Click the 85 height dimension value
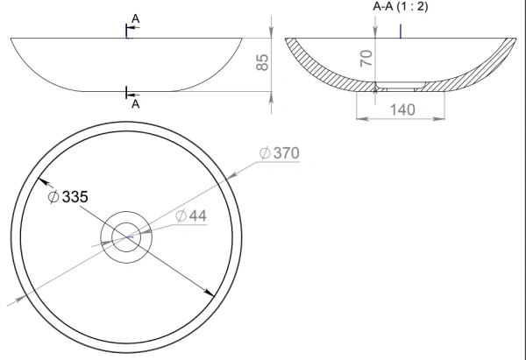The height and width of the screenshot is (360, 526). point(262,62)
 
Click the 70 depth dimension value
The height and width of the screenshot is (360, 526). point(366,58)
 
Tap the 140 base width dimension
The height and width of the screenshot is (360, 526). point(402,109)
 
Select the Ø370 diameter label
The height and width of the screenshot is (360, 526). point(280,153)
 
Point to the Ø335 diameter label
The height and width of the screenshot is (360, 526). point(68,196)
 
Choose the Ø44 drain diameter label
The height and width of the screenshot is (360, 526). point(191,215)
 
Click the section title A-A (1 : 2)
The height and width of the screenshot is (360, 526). point(401,6)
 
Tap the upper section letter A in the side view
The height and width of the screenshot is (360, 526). point(135,18)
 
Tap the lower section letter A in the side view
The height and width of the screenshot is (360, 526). point(135,104)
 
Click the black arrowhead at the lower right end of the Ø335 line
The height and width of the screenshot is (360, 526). point(210,293)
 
